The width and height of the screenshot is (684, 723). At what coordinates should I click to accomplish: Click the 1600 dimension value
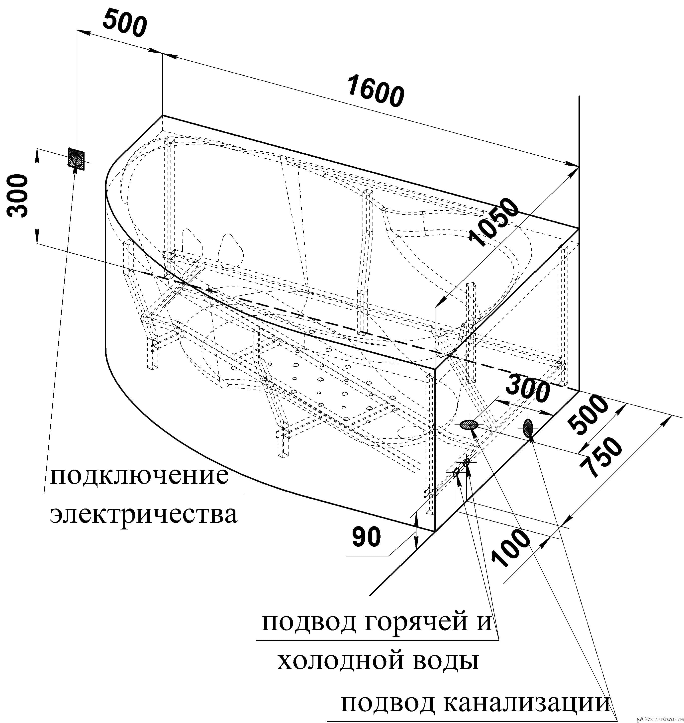coord(375,91)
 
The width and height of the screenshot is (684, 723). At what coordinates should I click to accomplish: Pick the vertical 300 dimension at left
coord(18,196)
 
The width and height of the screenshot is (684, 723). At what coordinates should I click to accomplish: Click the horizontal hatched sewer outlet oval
coord(469,424)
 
